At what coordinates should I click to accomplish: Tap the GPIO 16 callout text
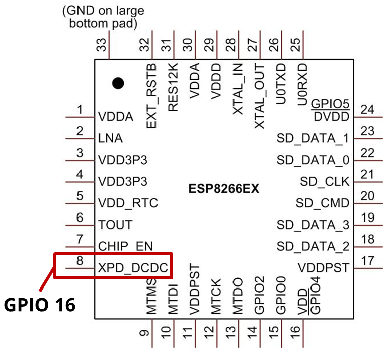40,304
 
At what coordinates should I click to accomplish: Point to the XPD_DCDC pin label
133,269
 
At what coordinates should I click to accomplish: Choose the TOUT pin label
116,225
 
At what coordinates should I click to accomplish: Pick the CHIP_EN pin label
126,247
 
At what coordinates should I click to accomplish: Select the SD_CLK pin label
325,181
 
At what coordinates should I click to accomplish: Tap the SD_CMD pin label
323,203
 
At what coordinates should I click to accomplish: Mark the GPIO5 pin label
331,105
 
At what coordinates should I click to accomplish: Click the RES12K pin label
173,87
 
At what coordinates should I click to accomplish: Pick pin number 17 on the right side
368,261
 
